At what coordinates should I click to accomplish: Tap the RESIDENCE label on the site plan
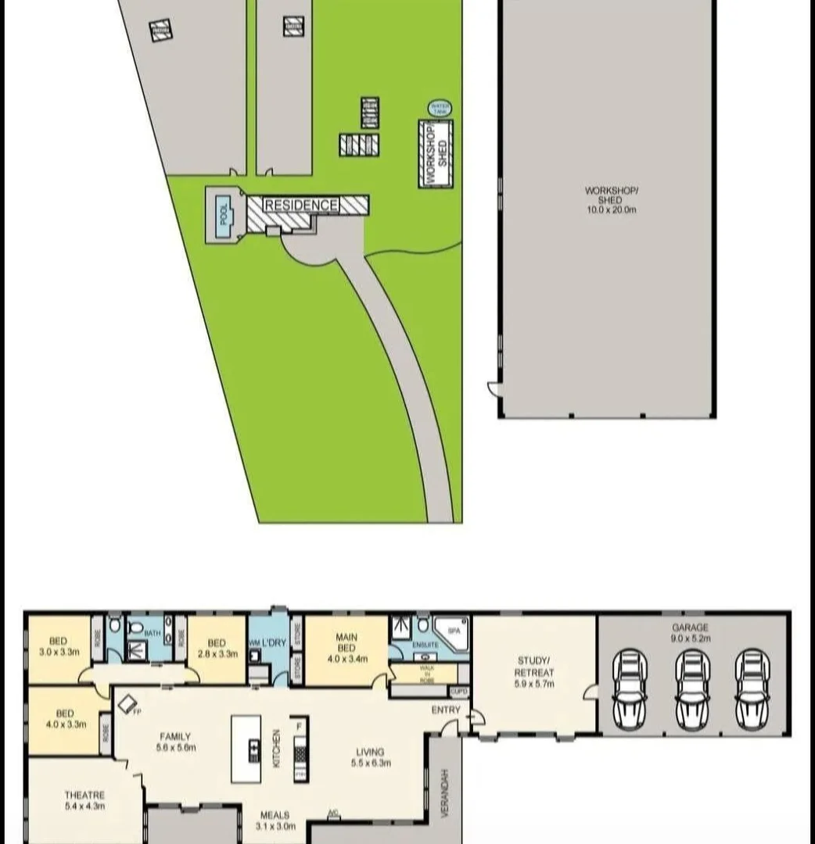pyautogui.click(x=301, y=206)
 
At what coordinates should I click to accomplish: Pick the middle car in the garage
pyautogui.click(x=691, y=689)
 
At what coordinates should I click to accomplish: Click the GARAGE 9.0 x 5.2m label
pyautogui.click(x=691, y=633)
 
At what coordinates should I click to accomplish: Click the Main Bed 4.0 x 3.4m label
pyautogui.click(x=346, y=648)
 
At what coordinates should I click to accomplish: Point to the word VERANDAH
pyautogui.click(x=444, y=794)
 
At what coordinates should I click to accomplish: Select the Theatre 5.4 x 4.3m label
pyautogui.click(x=84, y=800)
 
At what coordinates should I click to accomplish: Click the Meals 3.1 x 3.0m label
pyautogui.click(x=274, y=820)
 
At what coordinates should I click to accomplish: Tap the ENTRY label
pyautogui.click(x=445, y=710)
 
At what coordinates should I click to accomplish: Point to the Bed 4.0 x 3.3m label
pyautogui.click(x=65, y=718)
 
